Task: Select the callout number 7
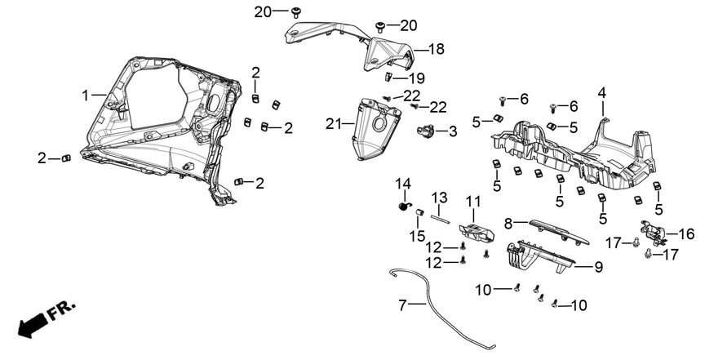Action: click(402, 306)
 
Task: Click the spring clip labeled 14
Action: click(403, 207)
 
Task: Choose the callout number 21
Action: click(331, 124)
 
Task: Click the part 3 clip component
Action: click(425, 132)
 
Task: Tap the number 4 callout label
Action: click(601, 92)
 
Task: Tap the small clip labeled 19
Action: click(389, 78)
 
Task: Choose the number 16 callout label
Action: click(686, 234)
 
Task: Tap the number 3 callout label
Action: click(451, 131)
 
